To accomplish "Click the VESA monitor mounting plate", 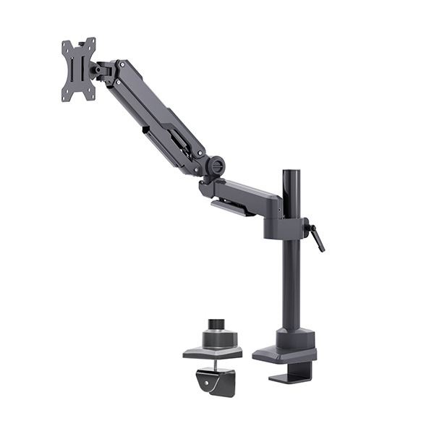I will [78, 69].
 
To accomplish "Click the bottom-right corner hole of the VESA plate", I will [92, 95].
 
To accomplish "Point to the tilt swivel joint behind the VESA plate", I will [101, 70].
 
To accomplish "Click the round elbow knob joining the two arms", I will [215, 166].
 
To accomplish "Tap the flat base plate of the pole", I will [284, 354].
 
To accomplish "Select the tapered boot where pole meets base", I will [295, 337].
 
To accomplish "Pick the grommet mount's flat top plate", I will [212, 352].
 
